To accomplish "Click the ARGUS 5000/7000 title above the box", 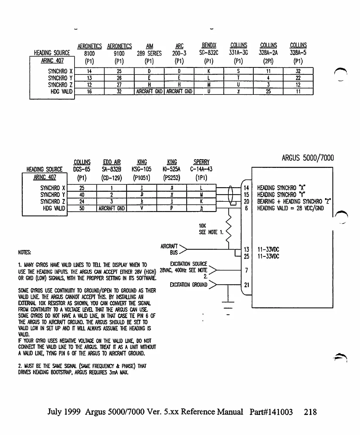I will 308,158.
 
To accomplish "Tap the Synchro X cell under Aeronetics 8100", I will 89,71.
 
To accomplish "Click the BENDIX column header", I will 209,46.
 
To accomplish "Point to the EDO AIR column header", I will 112,162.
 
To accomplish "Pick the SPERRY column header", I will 201,162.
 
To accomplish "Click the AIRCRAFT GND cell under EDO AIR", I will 112,208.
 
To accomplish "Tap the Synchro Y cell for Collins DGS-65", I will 82,195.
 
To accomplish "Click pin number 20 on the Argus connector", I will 246,201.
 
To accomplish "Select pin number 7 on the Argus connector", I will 246,270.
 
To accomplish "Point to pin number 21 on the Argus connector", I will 246,285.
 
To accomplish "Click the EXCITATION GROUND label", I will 189,285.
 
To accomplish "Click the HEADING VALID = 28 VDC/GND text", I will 290,208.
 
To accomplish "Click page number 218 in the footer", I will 310,412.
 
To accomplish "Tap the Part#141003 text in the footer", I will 271,412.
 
